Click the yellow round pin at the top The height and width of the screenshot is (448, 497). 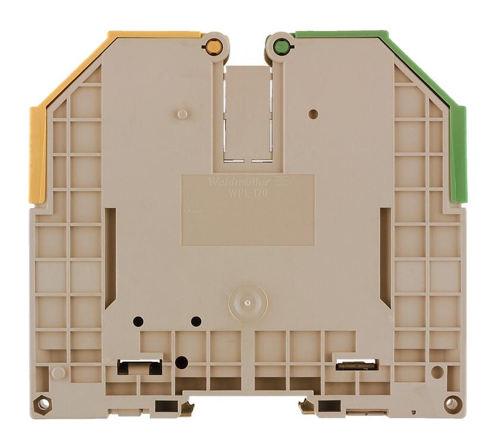214,47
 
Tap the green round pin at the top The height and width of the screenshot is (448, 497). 282,47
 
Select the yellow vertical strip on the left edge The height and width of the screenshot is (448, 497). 37,155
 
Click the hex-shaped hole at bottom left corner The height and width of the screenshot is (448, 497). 43,404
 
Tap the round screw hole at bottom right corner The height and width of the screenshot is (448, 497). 452,404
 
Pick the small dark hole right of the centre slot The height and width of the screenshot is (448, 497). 314,114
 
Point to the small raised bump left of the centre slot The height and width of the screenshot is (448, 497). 183,114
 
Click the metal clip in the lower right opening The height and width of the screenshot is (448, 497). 356,365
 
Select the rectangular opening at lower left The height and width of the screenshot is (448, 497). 140,366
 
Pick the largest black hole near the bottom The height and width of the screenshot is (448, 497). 182,362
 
